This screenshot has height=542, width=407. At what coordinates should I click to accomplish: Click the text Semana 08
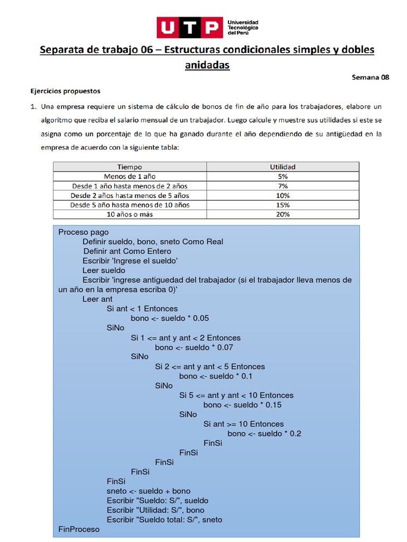click(370, 77)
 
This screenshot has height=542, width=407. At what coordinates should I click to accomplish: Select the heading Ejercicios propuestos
click(65, 91)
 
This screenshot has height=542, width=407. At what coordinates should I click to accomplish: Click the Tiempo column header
click(129, 167)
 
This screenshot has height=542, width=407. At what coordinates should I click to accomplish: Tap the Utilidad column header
click(282, 167)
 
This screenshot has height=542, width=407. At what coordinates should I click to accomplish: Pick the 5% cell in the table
click(282, 176)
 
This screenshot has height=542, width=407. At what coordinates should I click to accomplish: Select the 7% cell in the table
click(282, 186)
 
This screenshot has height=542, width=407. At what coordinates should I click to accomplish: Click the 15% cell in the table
click(282, 205)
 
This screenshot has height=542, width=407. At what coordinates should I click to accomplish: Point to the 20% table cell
click(282, 214)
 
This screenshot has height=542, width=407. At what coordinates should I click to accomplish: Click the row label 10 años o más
click(129, 214)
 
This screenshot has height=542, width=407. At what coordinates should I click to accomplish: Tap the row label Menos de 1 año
click(129, 176)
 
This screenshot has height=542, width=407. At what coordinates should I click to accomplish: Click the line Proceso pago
click(83, 232)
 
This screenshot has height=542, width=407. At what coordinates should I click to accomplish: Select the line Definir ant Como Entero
click(127, 251)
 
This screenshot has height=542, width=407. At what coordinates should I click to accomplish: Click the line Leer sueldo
click(104, 270)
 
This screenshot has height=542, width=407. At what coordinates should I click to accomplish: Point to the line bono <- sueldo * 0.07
click(194, 347)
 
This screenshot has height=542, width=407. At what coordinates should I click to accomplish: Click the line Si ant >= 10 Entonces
click(243, 423)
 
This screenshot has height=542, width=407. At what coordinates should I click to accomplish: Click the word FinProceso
click(78, 529)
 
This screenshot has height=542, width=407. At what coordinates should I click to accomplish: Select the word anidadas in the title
click(207, 65)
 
